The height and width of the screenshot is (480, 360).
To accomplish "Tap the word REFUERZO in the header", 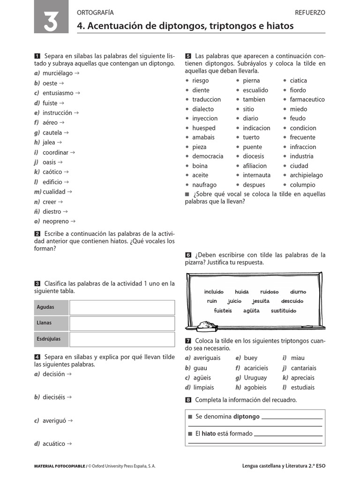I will [310, 13].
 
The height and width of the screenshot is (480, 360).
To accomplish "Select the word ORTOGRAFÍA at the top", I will [95, 13].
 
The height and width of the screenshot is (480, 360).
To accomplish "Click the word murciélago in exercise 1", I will [57, 74].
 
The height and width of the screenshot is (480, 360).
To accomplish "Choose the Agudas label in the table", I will [45, 307].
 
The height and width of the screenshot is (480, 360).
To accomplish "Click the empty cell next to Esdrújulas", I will [122, 339].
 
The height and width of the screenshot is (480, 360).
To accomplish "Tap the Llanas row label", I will [44, 323].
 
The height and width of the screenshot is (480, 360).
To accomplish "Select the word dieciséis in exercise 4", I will [54, 397].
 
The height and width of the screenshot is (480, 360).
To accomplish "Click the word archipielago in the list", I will [306, 175].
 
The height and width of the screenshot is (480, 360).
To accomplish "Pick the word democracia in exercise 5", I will [208, 156].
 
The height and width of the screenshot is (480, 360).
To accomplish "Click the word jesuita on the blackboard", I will [261, 301].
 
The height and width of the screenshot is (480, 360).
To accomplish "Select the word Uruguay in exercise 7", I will [255, 378].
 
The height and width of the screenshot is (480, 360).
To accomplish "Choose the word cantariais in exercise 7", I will [303, 368].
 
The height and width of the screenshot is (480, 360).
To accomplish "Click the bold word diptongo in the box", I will [246, 416].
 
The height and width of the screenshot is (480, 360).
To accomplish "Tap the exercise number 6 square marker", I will [188, 255].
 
